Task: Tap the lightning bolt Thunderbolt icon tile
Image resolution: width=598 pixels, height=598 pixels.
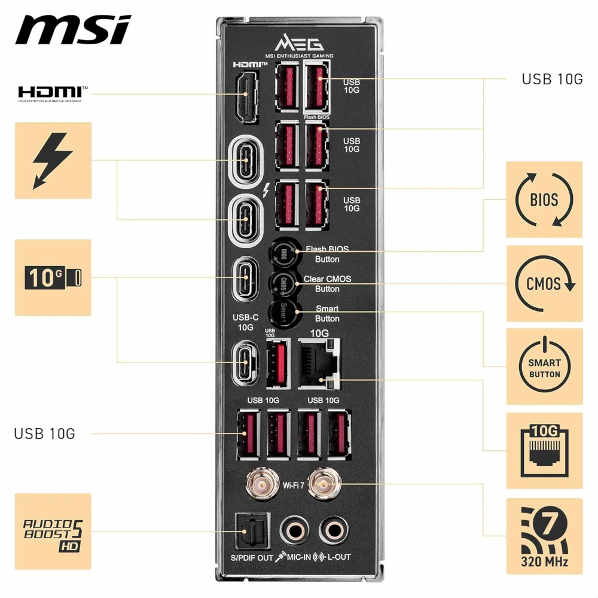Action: click(x=53, y=160)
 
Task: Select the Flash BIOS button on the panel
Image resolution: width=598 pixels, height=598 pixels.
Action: click(x=284, y=254)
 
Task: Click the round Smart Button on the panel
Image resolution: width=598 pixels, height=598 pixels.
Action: click(x=284, y=313)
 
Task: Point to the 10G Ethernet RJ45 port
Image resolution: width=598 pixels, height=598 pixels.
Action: click(x=319, y=364)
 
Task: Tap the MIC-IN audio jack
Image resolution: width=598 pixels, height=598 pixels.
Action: click(x=295, y=530)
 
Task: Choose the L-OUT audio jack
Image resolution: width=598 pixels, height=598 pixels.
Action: click(x=332, y=530)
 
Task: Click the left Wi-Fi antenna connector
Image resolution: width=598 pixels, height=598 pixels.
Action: click(x=263, y=484)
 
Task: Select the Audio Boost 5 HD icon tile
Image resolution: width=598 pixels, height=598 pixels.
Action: click(x=53, y=531)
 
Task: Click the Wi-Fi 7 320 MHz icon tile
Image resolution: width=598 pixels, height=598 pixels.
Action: click(x=544, y=536)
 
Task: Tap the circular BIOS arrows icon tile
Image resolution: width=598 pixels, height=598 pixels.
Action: click(x=544, y=200)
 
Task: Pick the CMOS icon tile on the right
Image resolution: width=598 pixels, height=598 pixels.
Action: click(x=544, y=283)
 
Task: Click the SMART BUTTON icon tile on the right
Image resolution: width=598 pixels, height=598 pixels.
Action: click(x=544, y=366)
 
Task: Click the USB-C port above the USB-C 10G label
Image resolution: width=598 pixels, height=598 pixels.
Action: click(x=246, y=277)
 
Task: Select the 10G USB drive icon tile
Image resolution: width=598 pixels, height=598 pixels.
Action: click(x=53, y=277)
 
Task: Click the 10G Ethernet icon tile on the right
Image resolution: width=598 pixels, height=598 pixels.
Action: click(x=544, y=450)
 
